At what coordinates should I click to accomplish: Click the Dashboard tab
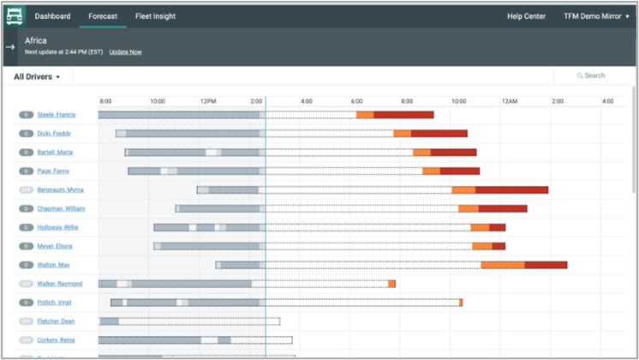[x=52, y=15]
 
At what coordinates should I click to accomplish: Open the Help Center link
[x=525, y=15]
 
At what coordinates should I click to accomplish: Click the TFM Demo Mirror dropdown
[x=596, y=15]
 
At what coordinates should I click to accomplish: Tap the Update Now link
[x=125, y=52]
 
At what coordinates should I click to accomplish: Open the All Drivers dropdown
[x=38, y=76]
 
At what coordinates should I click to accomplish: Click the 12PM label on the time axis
[x=208, y=101]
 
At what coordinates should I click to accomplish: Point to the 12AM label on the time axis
[x=510, y=101]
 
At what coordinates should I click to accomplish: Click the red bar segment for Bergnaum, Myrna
[x=511, y=189]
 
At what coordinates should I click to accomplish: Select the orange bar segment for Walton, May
[x=503, y=265]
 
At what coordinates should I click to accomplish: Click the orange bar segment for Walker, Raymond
[x=391, y=284]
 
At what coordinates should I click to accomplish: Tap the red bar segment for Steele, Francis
[x=403, y=115]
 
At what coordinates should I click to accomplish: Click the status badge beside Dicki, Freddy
[x=26, y=134]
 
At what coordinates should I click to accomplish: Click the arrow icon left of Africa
[x=10, y=46]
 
